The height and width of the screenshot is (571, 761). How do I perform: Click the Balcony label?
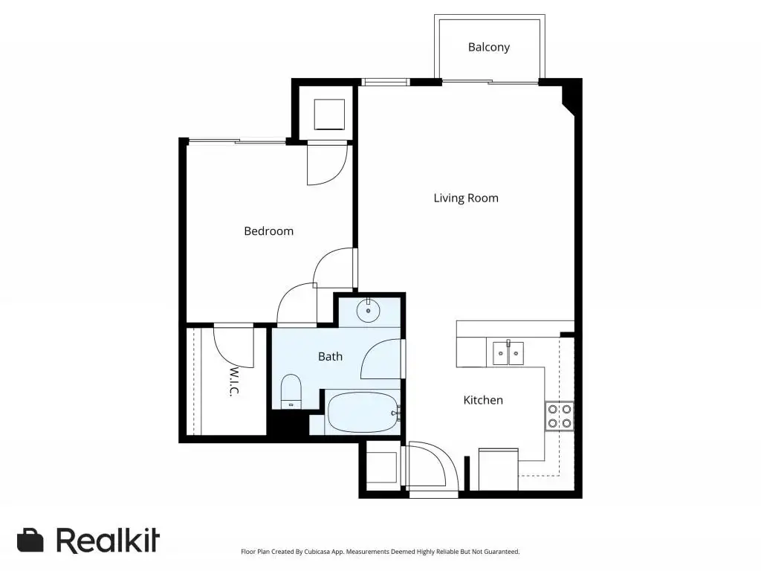pos(489,47)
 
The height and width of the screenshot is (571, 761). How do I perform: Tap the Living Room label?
pos(466,198)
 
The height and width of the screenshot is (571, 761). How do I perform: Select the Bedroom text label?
pos(268,231)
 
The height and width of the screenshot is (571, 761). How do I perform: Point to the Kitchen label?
pos(483,400)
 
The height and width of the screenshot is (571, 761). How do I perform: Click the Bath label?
pos(330,356)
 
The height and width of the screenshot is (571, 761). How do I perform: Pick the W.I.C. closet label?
pos(234,381)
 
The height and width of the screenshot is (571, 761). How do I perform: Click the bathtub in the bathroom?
pos(363,412)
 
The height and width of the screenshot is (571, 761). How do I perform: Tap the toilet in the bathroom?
pos(291,391)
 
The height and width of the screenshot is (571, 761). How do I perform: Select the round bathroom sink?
pos(369,310)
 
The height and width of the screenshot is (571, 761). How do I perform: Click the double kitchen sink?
pos(508,353)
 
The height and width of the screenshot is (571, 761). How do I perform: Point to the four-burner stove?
pos(559,416)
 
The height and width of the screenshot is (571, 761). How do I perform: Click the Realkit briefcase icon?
pos(30,540)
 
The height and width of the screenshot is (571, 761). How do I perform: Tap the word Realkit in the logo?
pos(108,540)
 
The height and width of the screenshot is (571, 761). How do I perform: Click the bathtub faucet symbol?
pos(397,413)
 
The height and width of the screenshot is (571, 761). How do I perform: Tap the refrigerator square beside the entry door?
pos(381,468)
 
